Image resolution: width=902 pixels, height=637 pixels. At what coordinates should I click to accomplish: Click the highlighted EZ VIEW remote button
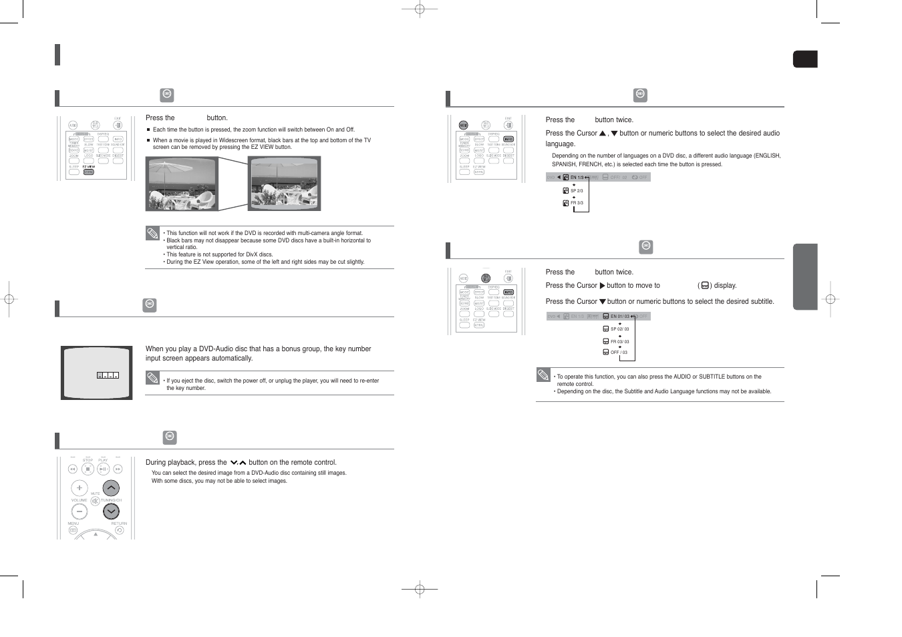point(88,172)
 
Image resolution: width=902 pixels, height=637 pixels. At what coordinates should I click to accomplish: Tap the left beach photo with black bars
point(182,184)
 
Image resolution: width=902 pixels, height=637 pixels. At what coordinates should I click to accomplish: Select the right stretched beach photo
point(284,184)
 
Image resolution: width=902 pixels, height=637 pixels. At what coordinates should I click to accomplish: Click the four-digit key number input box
point(108,376)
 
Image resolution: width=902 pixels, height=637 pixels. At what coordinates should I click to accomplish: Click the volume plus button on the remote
point(79,488)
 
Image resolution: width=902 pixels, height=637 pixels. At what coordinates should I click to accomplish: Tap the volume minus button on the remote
point(79,512)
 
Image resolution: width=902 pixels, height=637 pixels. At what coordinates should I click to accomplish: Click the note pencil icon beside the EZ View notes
point(153,234)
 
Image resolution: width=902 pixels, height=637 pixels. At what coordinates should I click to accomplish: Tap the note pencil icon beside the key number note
point(153,379)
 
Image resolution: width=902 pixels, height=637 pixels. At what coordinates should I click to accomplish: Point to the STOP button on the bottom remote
point(88,469)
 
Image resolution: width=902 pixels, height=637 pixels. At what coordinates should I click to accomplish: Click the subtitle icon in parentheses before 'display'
point(705,286)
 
